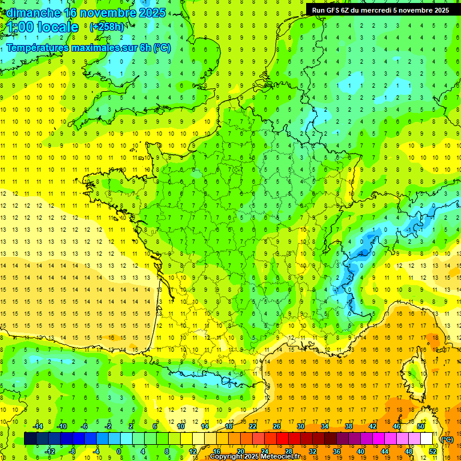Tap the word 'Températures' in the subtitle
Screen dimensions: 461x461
pyautogui.click(x=37, y=48)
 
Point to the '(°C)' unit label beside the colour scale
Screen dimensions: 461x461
pyautogui.click(x=447, y=439)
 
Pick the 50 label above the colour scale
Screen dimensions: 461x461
pyautogui.click(x=421, y=426)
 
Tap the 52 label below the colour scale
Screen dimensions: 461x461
pyautogui.click(x=433, y=451)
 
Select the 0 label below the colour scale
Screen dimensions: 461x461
pyautogui.click(x=119, y=451)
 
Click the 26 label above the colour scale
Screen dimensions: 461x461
pyautogui.click(x=276, y=426)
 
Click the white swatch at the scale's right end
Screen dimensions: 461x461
pyautogui.click(x=427, y=439)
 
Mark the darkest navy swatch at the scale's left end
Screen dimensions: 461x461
pyautogui.click(x=30, y=439)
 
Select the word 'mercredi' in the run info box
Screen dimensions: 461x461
pyautogui.click(x=388, y=10)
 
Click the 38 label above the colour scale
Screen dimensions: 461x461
pyautogui.click(x=349, y=426)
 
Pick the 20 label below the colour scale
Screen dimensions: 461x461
pyautogui.click(x=240, y=451)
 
